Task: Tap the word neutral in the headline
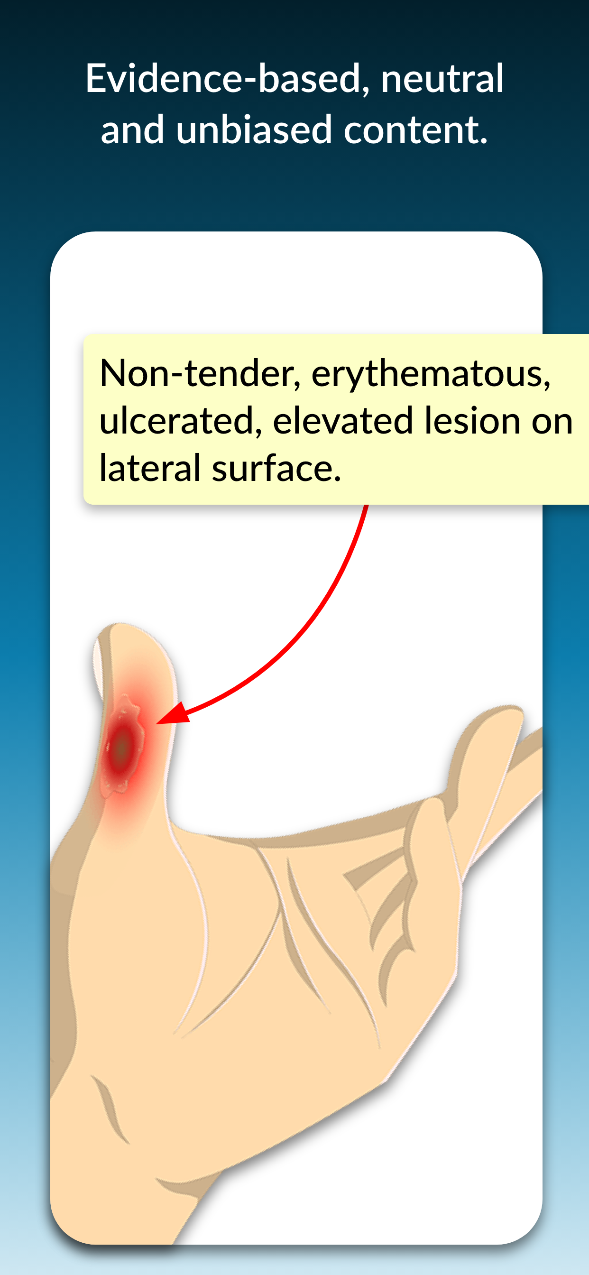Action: [442, 79]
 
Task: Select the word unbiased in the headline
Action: [253, 129]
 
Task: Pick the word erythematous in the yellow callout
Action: [431, 374]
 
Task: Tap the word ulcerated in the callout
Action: [180, 421]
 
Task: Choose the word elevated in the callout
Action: [342, 421]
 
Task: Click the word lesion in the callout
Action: [472, 421]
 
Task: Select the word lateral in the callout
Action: [149, 468]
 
